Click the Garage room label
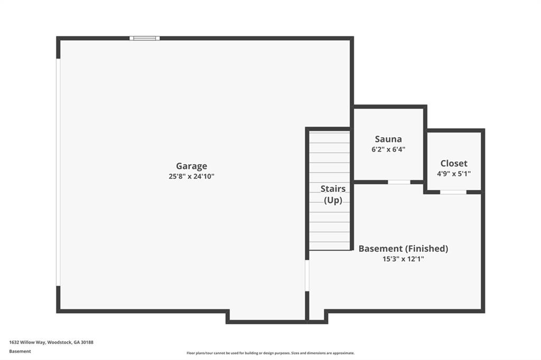pos(191,166)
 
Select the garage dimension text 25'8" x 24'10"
pos(191,177)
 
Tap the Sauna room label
pos(388,139)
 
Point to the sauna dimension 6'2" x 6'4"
pos(388,149)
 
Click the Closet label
pos(454,164)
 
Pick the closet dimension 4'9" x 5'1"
pos(454,174)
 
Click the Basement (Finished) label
pos(403,249)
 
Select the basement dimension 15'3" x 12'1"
pos(403,259)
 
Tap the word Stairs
pos(333,189)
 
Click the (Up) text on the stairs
pos(333,201)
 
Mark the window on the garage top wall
pos(145,38)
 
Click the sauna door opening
pos(399,182)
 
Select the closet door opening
pos(453,192)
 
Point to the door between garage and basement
pos(307,276)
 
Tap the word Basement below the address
pos(20,351)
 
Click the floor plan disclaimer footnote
pos(270,353)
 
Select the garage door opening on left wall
pos(58,172)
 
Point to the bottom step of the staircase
pos(329,245)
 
